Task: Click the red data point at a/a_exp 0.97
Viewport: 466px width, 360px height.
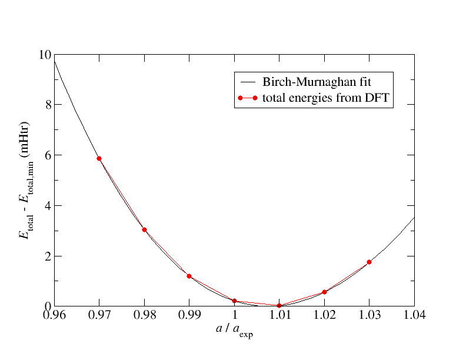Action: [99, 158]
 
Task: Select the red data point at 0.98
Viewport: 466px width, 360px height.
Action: [144, 229]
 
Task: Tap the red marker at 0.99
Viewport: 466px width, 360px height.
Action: [189, 276]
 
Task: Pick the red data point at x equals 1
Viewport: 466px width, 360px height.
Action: [234, 301]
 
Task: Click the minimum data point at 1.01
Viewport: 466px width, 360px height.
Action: [279, 305]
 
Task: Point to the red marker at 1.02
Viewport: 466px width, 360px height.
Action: [324, 292]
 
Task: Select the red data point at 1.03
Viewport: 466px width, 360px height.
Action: [369, 262]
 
